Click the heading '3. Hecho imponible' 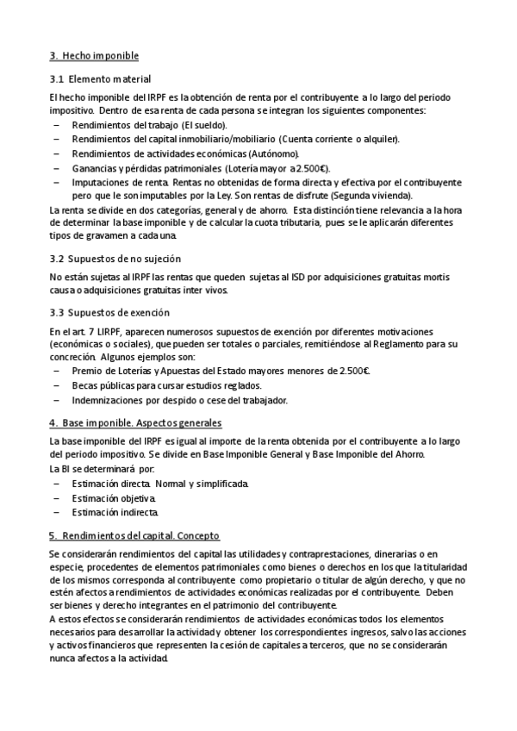[x=94, y=56]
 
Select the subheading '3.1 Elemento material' [x=100, y=79]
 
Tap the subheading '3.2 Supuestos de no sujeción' [x=115, y=259]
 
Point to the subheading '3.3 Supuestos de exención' [x=109, y=312]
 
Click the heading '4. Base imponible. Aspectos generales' [x=135, y=422]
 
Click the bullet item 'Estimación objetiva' [x=115, y=499]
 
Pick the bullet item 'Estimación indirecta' [x=115, y=513]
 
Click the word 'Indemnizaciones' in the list [x=107, y=400]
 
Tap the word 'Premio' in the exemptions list [x=88, y=372]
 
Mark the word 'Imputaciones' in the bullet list [x=100, y=182]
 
